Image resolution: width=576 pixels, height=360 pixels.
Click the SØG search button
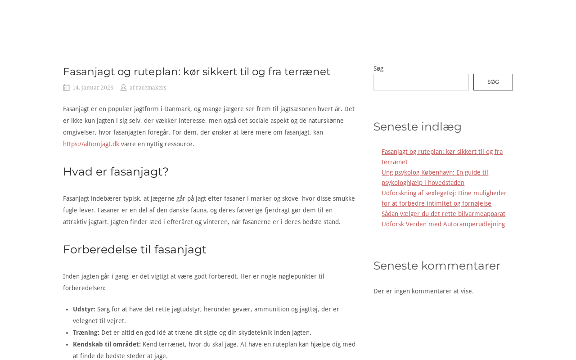coord(493,82)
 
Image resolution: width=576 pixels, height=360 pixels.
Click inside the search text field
coord(421,82)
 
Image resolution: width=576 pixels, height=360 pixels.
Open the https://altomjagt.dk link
coord(91,144)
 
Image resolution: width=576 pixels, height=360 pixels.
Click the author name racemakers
coord(151,88)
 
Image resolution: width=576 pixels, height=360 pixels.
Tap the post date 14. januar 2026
coord(93,88)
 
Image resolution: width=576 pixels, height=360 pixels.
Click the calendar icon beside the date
coord(67,88)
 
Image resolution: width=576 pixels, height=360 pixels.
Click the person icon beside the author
coord(123,88)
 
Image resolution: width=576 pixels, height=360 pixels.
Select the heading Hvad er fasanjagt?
coord(116,171)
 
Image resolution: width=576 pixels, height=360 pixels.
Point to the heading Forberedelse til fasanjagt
coord(135,249)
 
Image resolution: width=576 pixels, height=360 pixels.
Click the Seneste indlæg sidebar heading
coord(417,126)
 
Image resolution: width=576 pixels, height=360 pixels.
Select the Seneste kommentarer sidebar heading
coord(436,265)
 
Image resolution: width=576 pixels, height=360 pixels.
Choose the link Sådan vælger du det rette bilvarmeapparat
coord(443,214)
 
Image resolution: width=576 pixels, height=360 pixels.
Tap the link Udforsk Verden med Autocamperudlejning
coord(443,224)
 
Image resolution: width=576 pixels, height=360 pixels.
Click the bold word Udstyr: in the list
coord(84,309)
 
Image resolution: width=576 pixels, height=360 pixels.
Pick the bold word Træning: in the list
coord(86,333)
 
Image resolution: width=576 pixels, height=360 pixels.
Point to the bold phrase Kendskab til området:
coord(107,344)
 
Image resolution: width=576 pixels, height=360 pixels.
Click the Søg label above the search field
coord(378,68)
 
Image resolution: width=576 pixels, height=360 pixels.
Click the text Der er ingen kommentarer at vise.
coord(423,291)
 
